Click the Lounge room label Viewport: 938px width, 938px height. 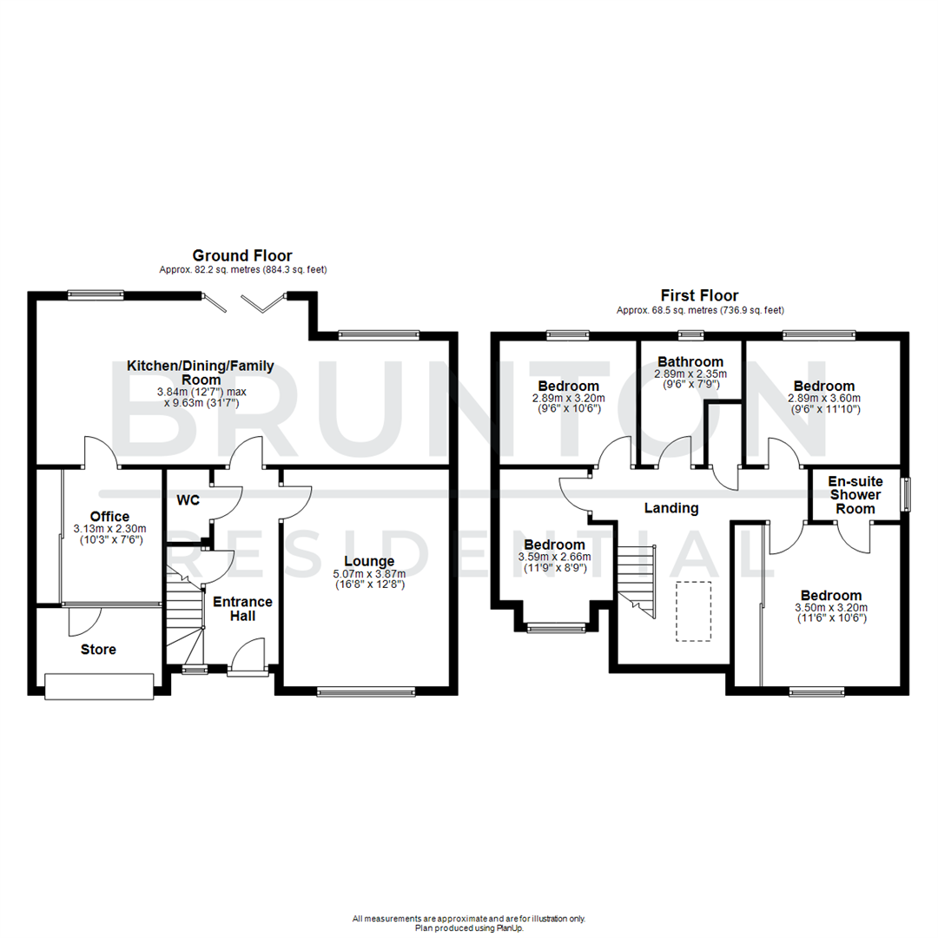tap(368, 561)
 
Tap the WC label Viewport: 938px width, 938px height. tap(188, 500)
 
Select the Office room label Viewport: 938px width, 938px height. tap(109, 517)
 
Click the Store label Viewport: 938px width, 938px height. tap(98, 649)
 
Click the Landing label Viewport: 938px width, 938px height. tap(671, 508)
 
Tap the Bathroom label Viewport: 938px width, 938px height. tap(690, 361)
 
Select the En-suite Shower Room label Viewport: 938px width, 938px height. tap(854, 494)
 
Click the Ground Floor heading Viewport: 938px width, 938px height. tap(241, 255)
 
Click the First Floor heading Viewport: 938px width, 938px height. tap(699, 296)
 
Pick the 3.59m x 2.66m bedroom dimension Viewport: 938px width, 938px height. tap(554, 557)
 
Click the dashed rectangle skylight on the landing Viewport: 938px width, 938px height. tap(693, 611)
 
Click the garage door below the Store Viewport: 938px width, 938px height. tap(99, 685)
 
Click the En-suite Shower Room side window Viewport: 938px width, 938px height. tap(905, 494)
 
